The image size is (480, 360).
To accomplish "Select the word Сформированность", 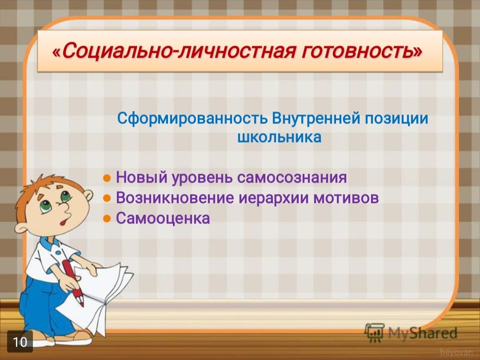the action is point(192,119).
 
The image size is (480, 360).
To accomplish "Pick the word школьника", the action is point(280,137).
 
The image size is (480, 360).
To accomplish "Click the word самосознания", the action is point(292,177).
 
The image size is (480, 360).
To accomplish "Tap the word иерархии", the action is point(274,198).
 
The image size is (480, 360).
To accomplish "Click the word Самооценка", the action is point(163,218).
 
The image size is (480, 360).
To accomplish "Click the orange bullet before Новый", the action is point(107,178).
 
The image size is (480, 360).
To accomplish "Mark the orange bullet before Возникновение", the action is point(107,198).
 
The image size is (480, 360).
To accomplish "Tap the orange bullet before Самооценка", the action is point(107,219).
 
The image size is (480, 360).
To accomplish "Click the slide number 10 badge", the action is point(20,341).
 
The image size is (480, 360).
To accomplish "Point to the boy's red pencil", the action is point(73,282).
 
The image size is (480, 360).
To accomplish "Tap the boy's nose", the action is point(65,209).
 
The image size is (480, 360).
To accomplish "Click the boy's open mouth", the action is point(64,221).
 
